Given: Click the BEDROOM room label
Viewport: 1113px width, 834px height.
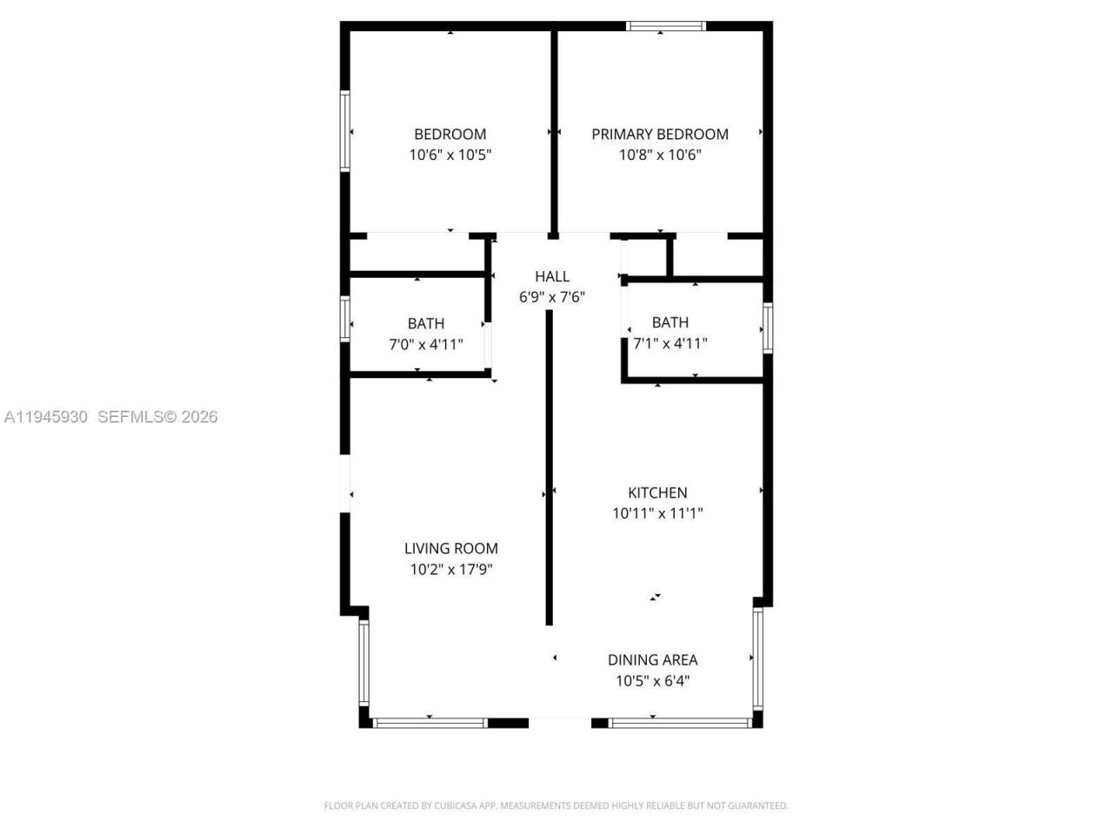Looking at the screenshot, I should coord(450,134).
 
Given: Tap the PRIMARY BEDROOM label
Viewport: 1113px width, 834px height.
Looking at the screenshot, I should coord(660,134).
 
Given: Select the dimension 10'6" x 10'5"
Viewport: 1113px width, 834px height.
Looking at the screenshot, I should coord(450,156).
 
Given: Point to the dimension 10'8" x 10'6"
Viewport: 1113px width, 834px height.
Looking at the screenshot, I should coord(660,156).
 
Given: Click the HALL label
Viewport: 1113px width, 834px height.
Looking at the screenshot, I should coord(552,276).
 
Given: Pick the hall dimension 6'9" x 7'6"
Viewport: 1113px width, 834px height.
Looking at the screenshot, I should coord(552,297).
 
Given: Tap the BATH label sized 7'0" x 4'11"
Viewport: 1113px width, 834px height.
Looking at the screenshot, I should coord(426,323).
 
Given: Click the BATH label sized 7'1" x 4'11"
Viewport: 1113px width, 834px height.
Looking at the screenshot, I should coord(670,322).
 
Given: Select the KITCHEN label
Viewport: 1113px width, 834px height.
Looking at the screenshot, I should coord(657,493).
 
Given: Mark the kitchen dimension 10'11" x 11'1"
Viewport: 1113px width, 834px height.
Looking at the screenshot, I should coord(657,513).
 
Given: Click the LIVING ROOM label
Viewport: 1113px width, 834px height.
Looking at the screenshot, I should coord(451,548).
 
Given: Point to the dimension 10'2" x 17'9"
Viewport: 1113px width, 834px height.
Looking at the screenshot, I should coord(451,570).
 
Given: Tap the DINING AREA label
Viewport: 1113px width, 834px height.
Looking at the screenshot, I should coord(652,660).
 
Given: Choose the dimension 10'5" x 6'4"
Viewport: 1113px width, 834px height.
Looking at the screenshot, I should coord(652,681).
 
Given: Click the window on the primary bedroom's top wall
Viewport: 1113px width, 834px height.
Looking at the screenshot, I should coord(665,26).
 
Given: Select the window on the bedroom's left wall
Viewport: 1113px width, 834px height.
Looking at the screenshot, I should coord(345,131).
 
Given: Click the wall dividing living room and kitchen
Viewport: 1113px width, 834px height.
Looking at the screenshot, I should coord(549,469).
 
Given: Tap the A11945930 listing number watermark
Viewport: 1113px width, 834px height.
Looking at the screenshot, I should coord(45,417).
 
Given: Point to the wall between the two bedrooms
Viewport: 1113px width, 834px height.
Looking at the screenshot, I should coord(553,130).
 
